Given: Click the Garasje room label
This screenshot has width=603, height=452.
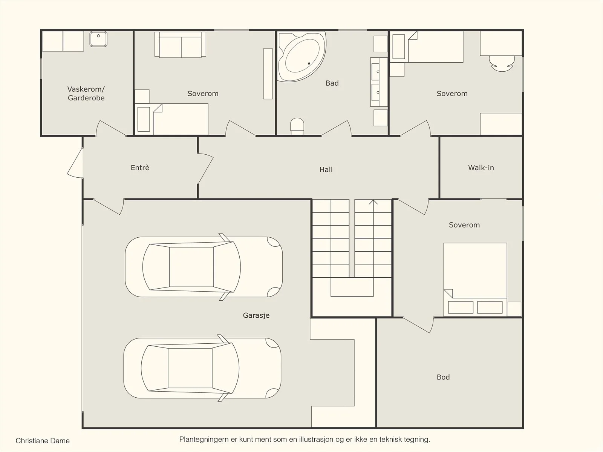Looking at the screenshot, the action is (x=256, y=315).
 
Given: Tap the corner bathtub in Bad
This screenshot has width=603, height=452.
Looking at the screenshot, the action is (x=301, y=56).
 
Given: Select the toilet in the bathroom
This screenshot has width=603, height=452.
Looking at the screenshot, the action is (x=297, y=126).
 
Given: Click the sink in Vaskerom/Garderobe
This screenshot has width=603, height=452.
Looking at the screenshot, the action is (x=98, y=39).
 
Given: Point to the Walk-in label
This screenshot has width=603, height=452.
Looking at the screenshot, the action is (x=481, y=168).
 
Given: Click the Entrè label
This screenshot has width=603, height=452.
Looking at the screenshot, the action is (x=140, y=168).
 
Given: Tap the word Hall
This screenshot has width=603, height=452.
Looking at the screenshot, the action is (x=326, y=170).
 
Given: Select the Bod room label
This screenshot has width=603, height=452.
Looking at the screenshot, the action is (x=443, y=377).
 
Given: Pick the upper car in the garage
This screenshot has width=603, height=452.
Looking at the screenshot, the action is (x=204, y=267).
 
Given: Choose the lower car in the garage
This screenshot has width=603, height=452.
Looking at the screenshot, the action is (x=202, y=368).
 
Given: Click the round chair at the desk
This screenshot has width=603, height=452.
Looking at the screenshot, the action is (x=502, y=64).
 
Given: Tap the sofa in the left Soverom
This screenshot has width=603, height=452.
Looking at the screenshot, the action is (x=180, y=45).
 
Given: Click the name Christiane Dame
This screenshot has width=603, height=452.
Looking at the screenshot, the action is (x=43, y=441).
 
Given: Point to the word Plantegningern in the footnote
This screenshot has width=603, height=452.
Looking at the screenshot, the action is (x=204, y=440).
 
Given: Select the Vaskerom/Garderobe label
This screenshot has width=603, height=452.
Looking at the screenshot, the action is (x=86, y=94).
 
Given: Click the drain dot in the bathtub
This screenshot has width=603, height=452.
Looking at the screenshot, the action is (x=309, y=63).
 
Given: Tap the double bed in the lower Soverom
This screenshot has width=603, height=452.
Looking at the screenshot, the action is (x=475, y=279).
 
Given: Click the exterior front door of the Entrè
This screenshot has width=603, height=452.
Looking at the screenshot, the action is (x=75, y=163).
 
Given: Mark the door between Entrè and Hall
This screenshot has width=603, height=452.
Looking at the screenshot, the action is (x=205, y=168).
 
